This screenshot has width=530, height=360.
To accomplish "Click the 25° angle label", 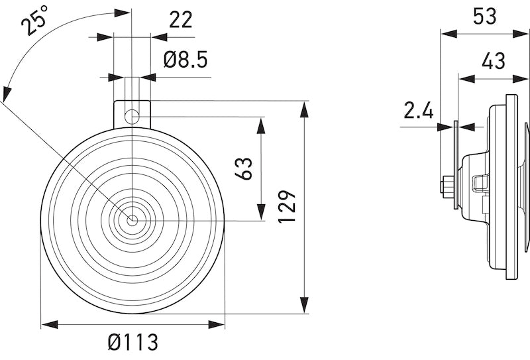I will click(x=35, y=19).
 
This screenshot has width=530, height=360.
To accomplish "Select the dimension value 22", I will click(x=181, y=20).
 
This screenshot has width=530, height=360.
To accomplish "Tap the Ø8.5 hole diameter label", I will click(x=185, y=60).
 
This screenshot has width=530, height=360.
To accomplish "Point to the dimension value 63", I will click(x=244, y=168).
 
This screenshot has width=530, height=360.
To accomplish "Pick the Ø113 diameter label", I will click(x=132, y=342).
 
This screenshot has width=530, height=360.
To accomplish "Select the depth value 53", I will click(x=485, y=16).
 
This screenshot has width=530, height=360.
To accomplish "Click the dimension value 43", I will click(x=494, y=61).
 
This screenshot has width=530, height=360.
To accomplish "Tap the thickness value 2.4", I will click(x=419, y=110).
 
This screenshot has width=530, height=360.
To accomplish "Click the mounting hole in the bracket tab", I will click(x=132, y=117).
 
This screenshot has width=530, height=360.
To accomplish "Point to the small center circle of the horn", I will click(x=132, y=220).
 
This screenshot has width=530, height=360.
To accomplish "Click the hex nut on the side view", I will click(x=447, y=185).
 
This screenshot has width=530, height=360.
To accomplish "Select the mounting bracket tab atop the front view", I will click(x=132, y=113).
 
